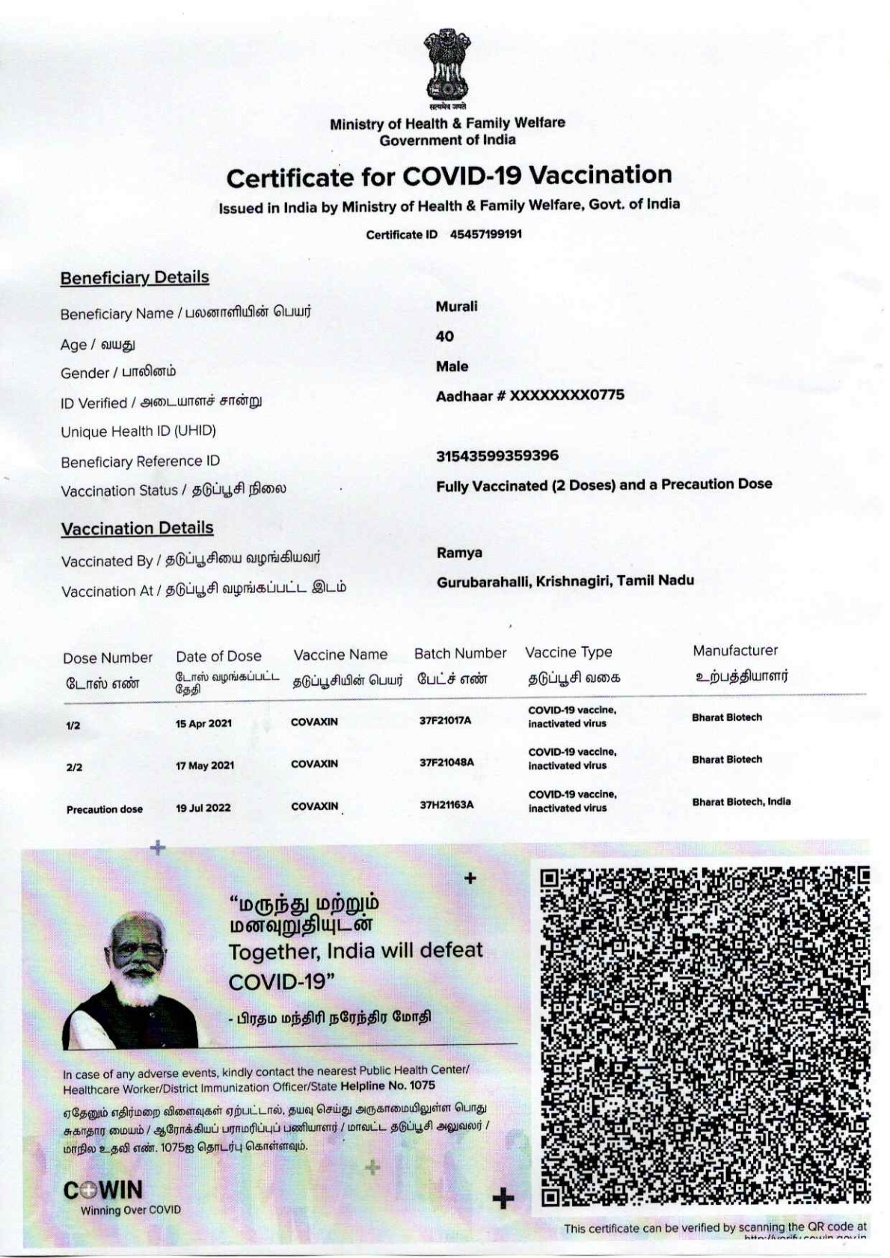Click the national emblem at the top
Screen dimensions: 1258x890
tap(447, 67)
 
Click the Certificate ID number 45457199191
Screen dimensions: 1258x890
tap(485, 234)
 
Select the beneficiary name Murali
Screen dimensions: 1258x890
tap(456, 307)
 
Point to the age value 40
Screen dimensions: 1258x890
tap(445, 337)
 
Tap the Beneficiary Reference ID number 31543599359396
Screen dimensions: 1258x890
tap(497, 455)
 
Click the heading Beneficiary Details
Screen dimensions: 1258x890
tap(135, 277)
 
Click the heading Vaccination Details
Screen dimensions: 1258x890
tap(137, 528)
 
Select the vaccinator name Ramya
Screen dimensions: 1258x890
tap(459, 553)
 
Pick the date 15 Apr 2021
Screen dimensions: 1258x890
tap(203, 723)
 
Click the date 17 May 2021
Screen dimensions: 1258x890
tap(205, 765)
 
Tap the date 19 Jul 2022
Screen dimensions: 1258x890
tap(203, 808)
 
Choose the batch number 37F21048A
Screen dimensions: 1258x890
tap(446, 762)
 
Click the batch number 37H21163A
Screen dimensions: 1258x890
tap(446, 805)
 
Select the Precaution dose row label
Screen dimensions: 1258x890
tap(105, 809)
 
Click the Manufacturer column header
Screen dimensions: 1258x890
tap(735, 651)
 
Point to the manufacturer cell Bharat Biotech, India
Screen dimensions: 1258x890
tap(741, 802)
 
